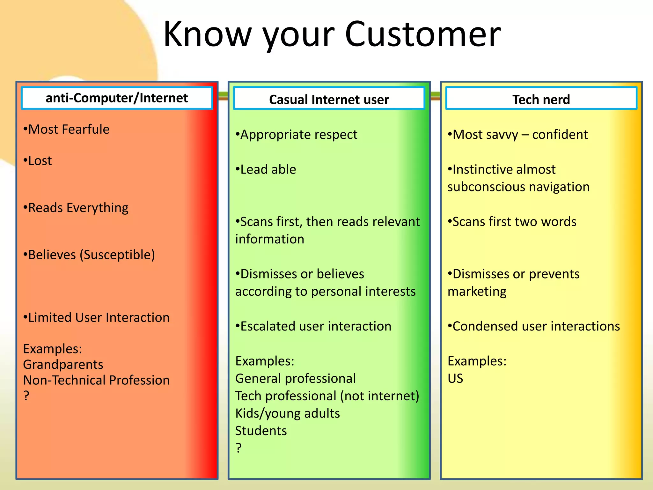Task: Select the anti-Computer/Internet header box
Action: pyautogui.click(x=117, y=98)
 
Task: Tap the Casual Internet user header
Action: pyautogui.click(x=329, y=100)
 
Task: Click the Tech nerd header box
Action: pyautogui.click(x=541, y=100)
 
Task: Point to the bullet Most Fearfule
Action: pyautogui.click(x=67, y=130)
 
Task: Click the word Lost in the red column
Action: pyautogui.click(x=40, y=161)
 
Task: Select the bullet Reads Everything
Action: pyautogui.click(x=76, y=208)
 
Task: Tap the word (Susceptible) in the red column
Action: pyautogui.click(x=117, y=255)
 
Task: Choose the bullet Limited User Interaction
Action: pyautogui.click(x=97, y=318)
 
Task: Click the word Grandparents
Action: pyautogui.click(x=63, y=365)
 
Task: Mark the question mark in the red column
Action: pyautogui.click(x=26, y=396)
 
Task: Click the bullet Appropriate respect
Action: pyautogui.click(x=297, y=135)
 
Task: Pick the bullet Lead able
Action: pyautogui.click(x=266, y=169)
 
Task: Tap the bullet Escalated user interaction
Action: pyautogui.click(x=313, y=326)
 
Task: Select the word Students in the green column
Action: pyautogui.click(x=261, y=431)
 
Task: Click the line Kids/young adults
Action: pyautogui.click(x=288, y=413)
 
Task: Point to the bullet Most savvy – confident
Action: pyautogui.click(x=518, y=135)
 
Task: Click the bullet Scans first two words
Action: pyautogui.click(x=512, y=222)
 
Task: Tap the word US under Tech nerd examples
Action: pyautogui.click(x=455, y=379)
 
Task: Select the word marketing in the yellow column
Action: pyautogui.click(x=477, y=292)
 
